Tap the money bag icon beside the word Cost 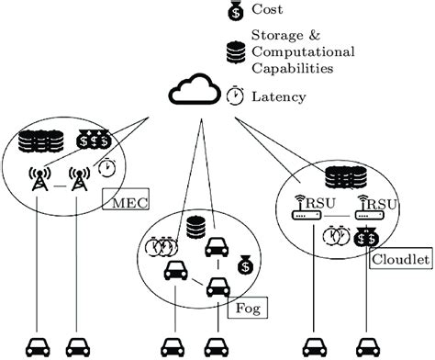(x=235, y=13)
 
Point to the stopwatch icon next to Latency (x=236, y=96)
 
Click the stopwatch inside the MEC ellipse (x=107, y=170)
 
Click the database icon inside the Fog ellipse (x=194, y=226)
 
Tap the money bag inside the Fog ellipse (x=245, y=265)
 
